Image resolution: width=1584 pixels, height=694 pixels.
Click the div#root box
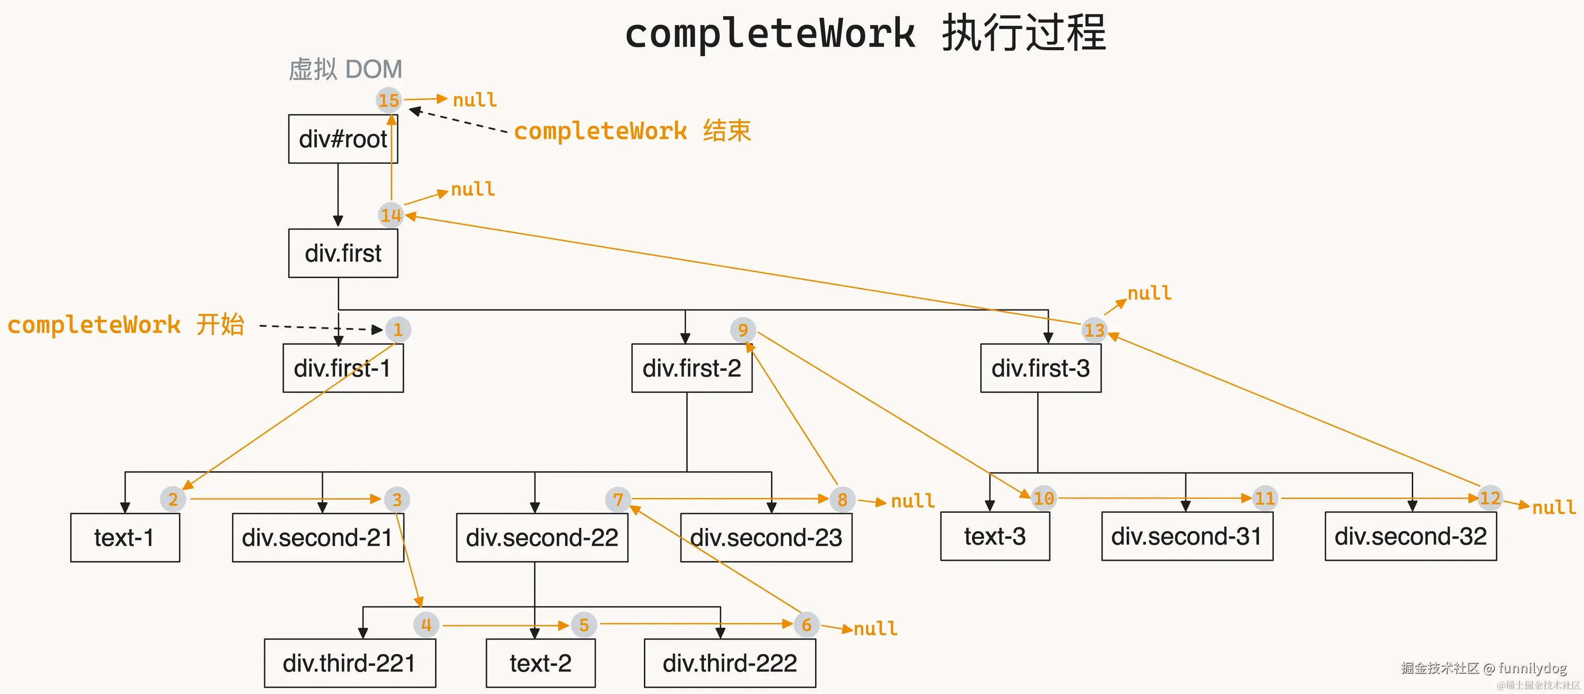pyautogui.click(x=343, y=139)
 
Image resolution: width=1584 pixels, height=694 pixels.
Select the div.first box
pyautogui.click(x=343, y=254)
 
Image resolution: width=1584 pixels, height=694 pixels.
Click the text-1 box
pyautogui.click(x=125, y=537)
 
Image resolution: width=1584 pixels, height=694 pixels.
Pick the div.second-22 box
pyautogui.click(x=541, y=537)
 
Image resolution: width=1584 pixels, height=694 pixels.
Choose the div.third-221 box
pyautogui.click(x=349, y=663)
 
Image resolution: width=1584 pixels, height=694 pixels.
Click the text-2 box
pyautogui.click(x=540, y=663)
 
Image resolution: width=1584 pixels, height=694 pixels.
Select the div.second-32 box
pyautogui.click(x=1410, y=536)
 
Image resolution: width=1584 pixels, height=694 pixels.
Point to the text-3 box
pyautogui.click(x=994, y=536)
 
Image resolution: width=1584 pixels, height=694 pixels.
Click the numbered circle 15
pyautogui.click(x=389, y=100)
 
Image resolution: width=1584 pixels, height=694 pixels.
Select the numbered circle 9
pyautogui.click(x=743, y=330)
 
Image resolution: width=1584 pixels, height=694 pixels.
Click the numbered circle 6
pyautogui.click(x=806, y=624)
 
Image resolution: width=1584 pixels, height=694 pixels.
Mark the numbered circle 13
pyautogui.click(x=1094, y=330)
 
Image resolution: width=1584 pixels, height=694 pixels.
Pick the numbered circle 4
pyautogui.click(x=426, y=624)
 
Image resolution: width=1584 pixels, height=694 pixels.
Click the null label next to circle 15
pyautogui.click(x=475, y=100)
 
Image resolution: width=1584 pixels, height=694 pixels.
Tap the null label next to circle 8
pyautogui.click(x=912, y=501)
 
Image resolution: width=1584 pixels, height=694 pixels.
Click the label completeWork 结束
pyautogui.click(x=632, y=131)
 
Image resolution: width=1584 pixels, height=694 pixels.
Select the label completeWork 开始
pyautogui.click(x=125, y=325)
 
